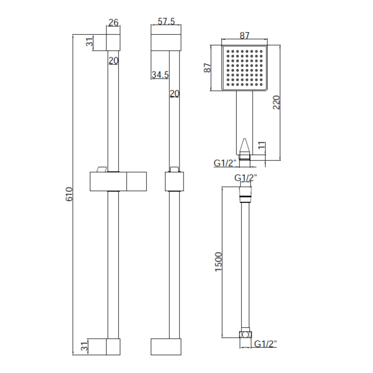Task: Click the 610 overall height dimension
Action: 70,194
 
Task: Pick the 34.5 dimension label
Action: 160,75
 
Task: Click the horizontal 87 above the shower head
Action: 244,35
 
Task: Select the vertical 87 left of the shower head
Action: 208,68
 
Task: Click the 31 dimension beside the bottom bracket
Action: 85,345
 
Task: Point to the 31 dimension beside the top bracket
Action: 90,42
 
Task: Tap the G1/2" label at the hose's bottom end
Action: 266,344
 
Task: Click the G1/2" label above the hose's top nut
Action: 245,178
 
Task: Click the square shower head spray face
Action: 244,68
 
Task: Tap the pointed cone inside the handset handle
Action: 244,147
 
